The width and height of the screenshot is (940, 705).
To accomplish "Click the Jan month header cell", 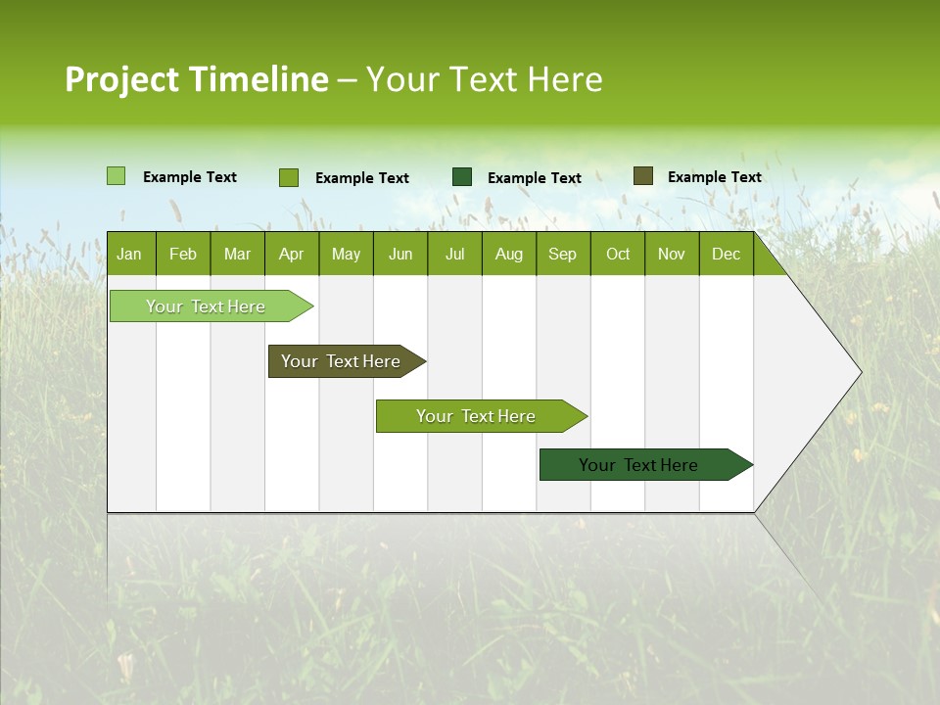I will [x=129, y=255].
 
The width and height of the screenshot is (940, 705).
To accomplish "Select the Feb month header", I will [x=183, y=255].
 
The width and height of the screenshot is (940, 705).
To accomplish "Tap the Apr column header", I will [x=292, y=255].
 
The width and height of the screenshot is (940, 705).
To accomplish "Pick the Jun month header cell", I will [x=400, y=255].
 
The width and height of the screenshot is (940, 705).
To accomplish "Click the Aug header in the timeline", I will [x=509, y=255].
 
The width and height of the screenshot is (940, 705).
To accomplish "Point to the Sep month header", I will [x=563, y=255].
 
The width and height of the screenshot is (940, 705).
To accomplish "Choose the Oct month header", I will [x=618, y=255].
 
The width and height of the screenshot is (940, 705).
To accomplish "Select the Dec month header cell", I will [x=727, y=255].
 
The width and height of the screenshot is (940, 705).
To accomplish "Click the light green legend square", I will [x=116, y=176].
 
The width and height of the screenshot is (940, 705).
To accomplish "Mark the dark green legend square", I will [x=462, y=176].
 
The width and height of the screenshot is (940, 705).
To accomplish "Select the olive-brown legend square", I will [x=642, y=176].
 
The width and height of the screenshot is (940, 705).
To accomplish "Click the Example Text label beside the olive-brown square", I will [x=714, y=177].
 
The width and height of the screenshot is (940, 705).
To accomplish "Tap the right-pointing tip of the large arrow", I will [x=858, y=372].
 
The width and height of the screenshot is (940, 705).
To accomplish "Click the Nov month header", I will [x=672, y=255].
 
